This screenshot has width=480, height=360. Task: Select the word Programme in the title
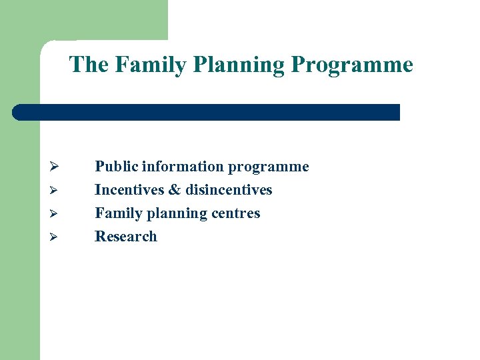click(x=352, y=65)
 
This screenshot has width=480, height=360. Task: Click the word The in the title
click(x=89, y=65)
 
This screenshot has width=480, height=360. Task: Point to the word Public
click(x=115, y=167)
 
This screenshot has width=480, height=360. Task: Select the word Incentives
click(x=129, y=190)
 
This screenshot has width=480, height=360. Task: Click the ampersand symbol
click(x=175, y=190)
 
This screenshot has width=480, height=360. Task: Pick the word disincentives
click(x=229, y=190)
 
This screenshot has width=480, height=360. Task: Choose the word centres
click(x=235, y=213)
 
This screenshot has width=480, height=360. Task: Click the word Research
click(x=126, y=237)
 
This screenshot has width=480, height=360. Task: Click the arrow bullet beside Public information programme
click(x=56, y=167)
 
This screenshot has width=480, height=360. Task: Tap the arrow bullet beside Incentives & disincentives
click(x=56, y=191)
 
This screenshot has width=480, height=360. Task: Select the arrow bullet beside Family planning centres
click(x=56, y=214)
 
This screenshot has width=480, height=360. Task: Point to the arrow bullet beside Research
click(x=56, y=237)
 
